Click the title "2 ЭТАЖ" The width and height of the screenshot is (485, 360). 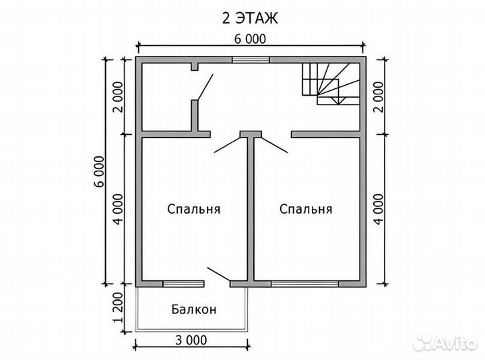pos(250,18)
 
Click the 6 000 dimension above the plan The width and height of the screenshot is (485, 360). pos(250,39)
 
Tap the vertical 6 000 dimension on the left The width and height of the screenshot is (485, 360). pos(100,171)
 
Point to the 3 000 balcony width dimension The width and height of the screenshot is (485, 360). pos(191,340)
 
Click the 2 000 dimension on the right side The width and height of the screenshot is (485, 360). pos(379,97)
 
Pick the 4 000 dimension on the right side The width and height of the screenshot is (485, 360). pos(379,209)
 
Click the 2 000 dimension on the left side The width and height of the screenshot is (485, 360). pos(119,97)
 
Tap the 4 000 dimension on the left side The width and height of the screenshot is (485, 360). pos(119,209)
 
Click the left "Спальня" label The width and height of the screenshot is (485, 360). pos(193,209)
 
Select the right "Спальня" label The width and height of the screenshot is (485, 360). pos(306,209)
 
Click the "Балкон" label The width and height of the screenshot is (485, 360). pos(194,309)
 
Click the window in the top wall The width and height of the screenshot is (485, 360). pos(251,60)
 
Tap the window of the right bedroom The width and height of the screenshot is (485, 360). pos(305,284)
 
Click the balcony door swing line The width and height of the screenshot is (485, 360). pos(219,274)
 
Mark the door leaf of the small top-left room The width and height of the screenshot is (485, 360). pos(205,87)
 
